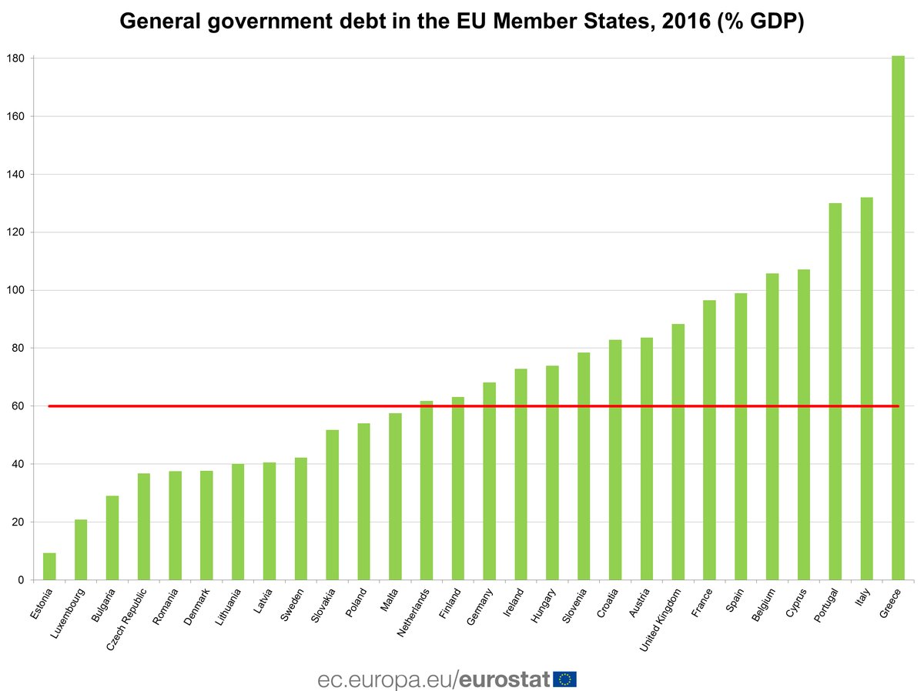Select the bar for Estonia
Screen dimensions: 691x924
coord(49,566)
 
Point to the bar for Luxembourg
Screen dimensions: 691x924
coord(81,549)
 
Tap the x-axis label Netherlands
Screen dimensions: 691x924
coord(413,614)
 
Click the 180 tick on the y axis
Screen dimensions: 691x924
coord(15,58)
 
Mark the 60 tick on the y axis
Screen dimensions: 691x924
coord(18,406)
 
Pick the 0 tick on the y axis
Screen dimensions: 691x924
coord(21,580)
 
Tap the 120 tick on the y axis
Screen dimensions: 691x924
coord(15,232)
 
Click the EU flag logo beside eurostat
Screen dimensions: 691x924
coord(565,679)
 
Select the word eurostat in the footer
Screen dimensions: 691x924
coord(505,679)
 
